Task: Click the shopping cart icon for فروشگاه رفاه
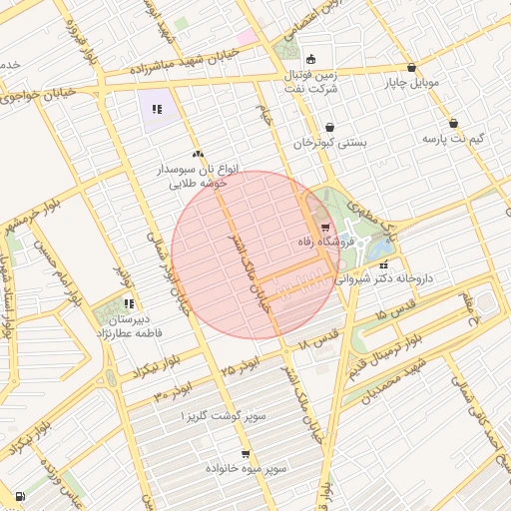pyautogui.click(x=325, y=228)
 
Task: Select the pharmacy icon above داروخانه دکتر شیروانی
pyautogui.click(x=384, y=264)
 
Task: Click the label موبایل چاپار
pyautogui.click(x=412, y=83)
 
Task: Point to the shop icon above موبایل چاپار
pyautogui.click(x=411, y=68)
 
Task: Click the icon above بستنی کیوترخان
pyautogui.click(x=329, y=128)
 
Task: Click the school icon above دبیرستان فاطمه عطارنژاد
pyautogui.click(x=129, y=303)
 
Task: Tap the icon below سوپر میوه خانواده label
pyautogui.click(x=273, y=482)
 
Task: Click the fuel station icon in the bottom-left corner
pyautogui.click(x=20, y=496)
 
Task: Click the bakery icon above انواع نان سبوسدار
pyautogui.click(x=198, y=154)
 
